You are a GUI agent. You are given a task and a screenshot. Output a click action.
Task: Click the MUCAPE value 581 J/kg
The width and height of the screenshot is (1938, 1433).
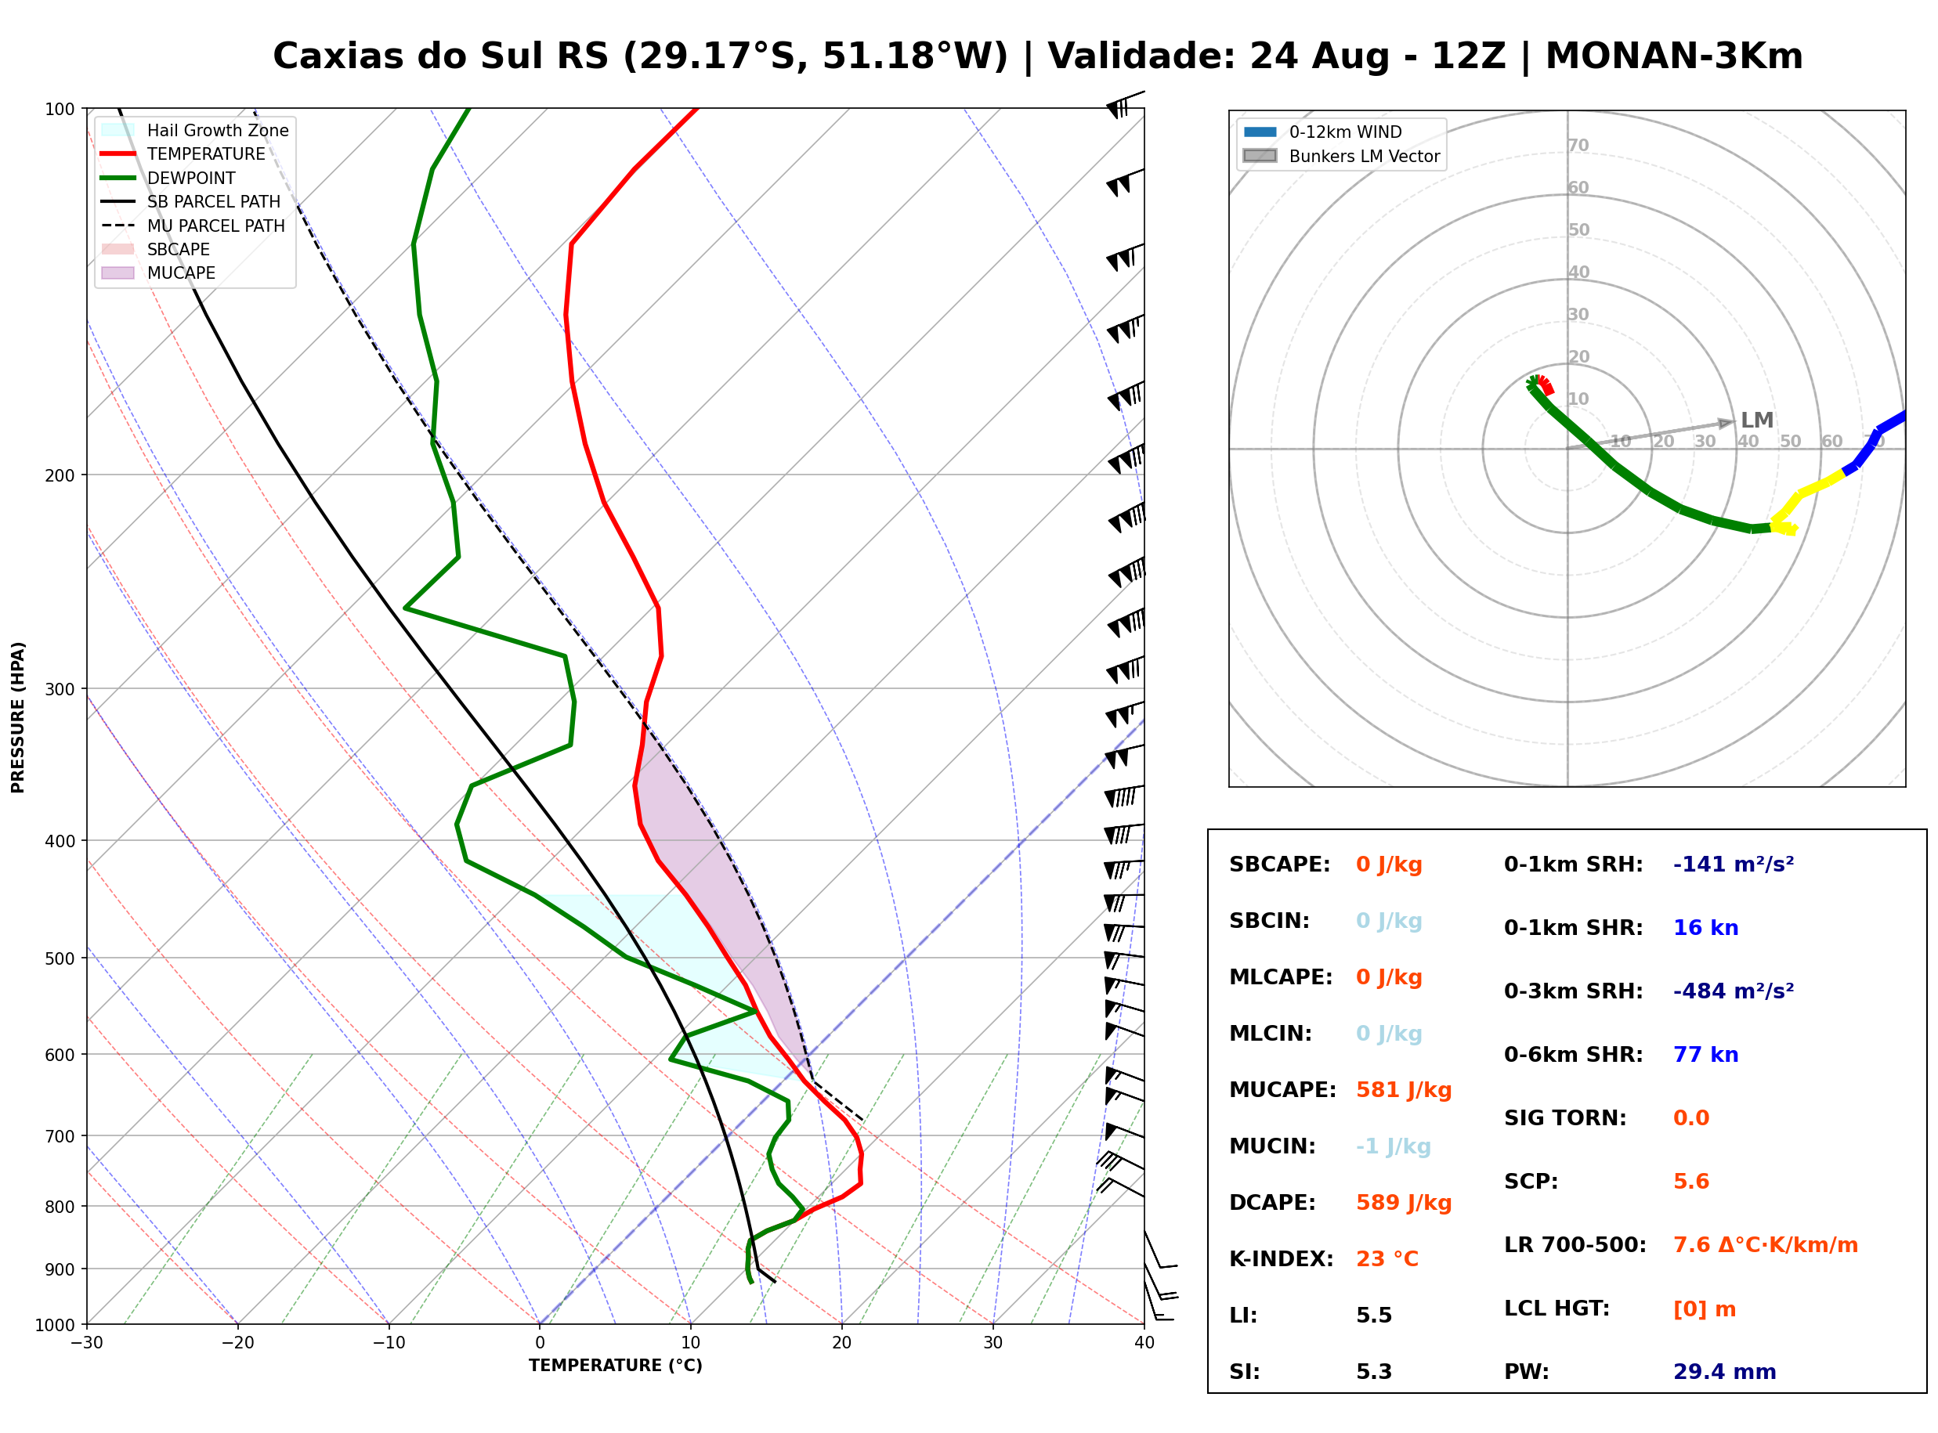[1403, 1089]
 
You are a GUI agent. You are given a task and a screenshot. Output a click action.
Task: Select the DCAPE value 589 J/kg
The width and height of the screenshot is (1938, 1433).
[1403, 1202]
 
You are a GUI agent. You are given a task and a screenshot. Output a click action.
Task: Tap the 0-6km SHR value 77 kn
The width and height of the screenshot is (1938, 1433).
[1705, 1054]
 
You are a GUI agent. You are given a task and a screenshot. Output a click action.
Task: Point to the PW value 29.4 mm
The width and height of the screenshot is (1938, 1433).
[1723, 1371]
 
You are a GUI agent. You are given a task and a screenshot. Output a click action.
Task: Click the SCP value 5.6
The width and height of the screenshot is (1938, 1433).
[1690, 1181]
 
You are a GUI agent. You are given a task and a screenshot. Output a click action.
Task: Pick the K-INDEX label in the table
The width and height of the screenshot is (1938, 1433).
[1281, 1258]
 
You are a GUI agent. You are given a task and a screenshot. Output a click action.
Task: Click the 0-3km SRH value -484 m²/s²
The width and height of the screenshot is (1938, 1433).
[1733, 991]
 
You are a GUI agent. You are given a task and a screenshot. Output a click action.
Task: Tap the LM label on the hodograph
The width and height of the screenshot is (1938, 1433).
[1757, 420]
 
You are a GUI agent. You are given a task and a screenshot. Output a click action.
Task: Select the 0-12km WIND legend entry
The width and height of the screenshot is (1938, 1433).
[1322, 132]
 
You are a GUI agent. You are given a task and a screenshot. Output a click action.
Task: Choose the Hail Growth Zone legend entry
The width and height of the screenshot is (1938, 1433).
[195, 130]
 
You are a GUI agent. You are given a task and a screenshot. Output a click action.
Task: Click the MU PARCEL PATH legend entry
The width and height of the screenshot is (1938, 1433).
[193, 226]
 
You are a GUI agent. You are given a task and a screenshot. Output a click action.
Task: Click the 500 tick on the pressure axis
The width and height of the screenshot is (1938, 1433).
[60, 958]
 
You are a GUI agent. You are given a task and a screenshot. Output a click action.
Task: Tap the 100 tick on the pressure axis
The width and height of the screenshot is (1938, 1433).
[60, 108]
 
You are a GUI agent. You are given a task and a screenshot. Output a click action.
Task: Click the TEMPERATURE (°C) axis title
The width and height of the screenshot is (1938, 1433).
[615, 1366]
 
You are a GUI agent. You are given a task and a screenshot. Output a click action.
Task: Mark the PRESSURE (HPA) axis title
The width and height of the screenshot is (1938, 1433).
[17, 716]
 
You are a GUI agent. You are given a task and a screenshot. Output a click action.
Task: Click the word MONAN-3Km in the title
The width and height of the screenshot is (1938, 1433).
[1673, 56]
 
